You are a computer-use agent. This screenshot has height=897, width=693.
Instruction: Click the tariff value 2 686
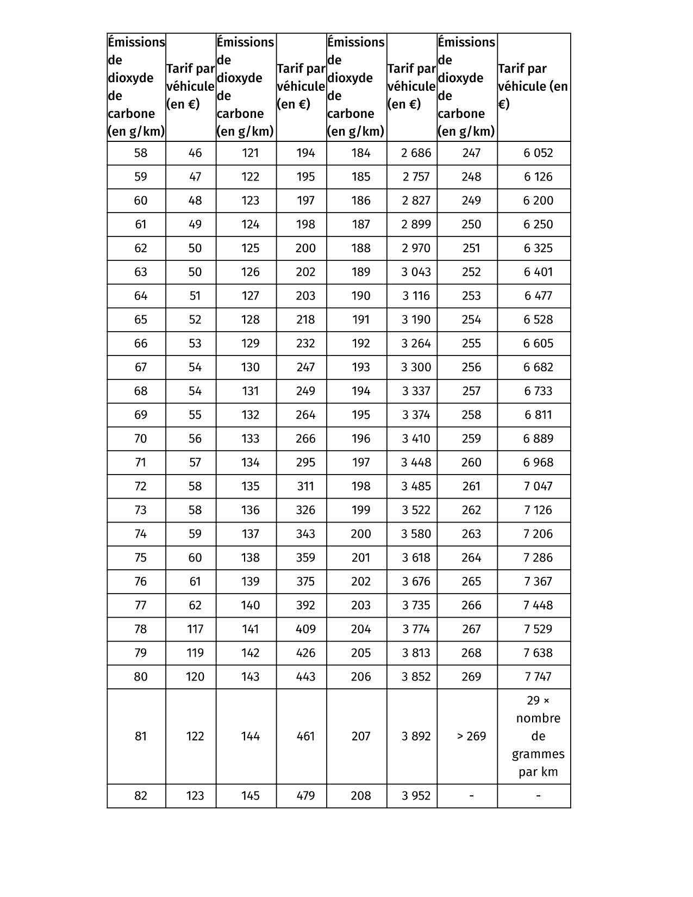(416, 153)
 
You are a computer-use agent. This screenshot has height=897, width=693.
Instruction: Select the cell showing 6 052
(538, 153)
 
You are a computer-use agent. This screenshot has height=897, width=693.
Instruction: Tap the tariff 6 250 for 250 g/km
(538, 225)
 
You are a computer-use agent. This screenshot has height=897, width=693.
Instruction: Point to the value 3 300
(416, 367)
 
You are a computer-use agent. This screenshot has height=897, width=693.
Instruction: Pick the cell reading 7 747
(538, 677)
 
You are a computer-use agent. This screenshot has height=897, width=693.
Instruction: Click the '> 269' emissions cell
(471, 736)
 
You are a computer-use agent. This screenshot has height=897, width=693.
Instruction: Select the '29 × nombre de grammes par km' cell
(538, 736)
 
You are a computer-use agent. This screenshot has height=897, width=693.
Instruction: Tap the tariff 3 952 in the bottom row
(416, 796)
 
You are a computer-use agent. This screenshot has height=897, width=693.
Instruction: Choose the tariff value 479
(305, 796)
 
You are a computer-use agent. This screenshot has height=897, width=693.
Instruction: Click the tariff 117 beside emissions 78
(195, 629)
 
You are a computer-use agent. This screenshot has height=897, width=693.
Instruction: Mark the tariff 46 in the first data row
(195, 153)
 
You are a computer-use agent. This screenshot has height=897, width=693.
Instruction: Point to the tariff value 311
(305, 486)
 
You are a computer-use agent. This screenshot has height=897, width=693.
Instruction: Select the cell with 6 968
(538, 463)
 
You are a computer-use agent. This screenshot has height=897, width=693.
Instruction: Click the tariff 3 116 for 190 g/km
(416, 296)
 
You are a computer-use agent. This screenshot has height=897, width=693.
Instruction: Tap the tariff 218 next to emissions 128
(305, 320)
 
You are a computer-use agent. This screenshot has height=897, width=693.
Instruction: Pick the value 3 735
(416, 605)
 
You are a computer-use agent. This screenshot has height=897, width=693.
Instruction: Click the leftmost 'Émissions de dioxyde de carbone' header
(136, 87)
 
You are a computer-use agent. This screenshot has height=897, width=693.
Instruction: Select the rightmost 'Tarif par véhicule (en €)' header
(533, 87)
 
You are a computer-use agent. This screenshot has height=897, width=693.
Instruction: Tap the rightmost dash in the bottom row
(538, 796)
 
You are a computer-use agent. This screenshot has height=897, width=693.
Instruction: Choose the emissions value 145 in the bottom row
(250, 796)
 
